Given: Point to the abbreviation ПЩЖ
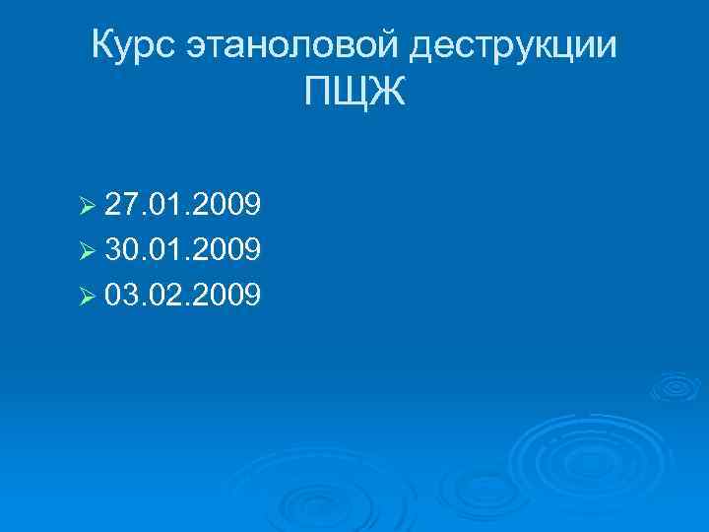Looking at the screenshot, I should coord(354,95).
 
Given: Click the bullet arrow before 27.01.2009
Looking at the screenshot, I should coord(86,208).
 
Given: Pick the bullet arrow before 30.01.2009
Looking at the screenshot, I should coord(86,251).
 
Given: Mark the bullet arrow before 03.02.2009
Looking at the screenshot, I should coord(86,295).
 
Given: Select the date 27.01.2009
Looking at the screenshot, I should coord(182,207).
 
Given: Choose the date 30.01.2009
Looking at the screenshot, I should coord(182,250).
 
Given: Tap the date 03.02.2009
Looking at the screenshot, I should coord(182,294).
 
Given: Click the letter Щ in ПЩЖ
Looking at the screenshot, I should coord(354,96).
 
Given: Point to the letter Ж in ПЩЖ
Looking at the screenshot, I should coord(388,95).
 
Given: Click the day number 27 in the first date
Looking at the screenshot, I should coord(120,207).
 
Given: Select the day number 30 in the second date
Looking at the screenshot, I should coord(120,250).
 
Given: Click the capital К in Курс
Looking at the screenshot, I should coord(102,45).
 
